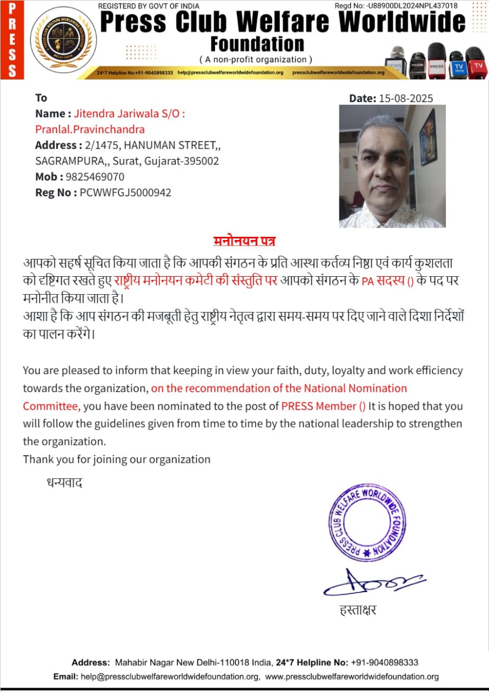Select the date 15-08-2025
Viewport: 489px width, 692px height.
[x=406, y=98]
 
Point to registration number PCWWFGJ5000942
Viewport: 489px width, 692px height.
[x=125, y=192]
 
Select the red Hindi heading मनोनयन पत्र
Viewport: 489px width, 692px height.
[x=244, y=241]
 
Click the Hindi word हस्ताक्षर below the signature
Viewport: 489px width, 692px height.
[x=357, y=611]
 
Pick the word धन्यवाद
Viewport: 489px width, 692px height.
[x=64, y=483]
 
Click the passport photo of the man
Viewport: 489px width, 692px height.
[x=392, y=166]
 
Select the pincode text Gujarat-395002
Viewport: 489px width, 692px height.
[x=184, y=161]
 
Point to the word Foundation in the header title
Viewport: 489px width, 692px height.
[x=257, y=44]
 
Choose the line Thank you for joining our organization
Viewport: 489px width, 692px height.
[x=116, y=459]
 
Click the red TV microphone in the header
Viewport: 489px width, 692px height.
[x=476, y=64]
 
